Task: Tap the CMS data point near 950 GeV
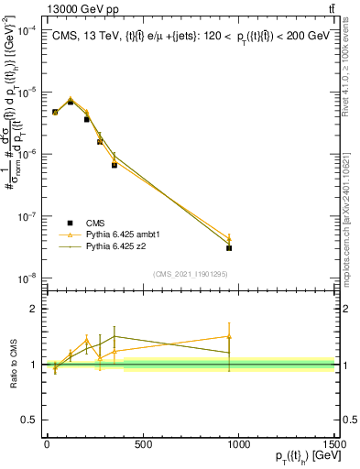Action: tap(229, 247)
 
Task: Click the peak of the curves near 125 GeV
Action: tap(71, 100)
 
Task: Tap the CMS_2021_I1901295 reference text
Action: tap(190, 273)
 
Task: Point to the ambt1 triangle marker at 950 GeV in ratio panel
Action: tap(229, 337)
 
